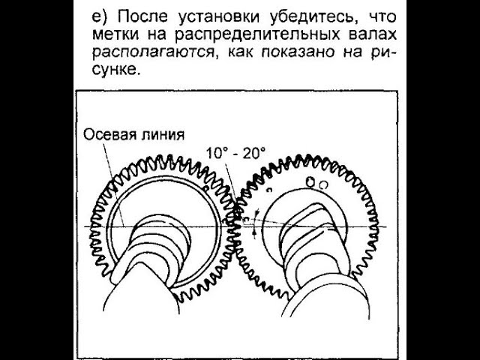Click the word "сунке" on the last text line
click(112, 73)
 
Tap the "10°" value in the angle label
click(218, 153)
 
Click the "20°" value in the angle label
click(253, 153)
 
